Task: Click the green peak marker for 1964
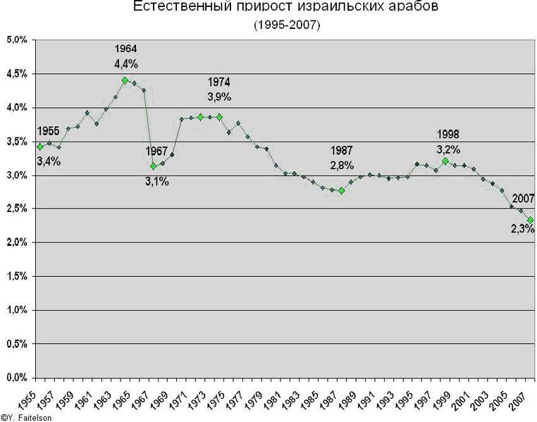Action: [125, 80]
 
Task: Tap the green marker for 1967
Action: [153, 166]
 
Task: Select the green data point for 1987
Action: [341, 191]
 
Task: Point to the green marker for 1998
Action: [445, 161]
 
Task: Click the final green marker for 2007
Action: [530, 221]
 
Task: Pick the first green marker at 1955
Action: [39, 147]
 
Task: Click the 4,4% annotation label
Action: [125, 64]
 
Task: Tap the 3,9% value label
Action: [219, 97]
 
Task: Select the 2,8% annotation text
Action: [342, 166]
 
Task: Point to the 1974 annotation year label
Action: [219, 82]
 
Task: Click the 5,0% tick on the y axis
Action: [16, 40]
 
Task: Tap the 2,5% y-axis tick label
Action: [16, 209]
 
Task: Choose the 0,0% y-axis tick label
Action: [16, 378]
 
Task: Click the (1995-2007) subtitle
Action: [287, 25]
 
